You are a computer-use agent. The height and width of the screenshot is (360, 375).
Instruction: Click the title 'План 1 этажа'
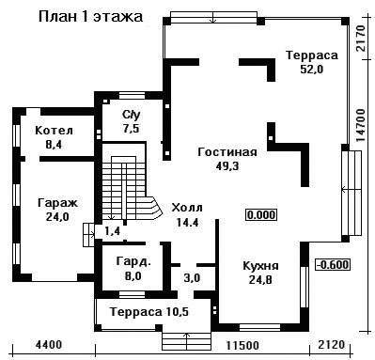point(90,17)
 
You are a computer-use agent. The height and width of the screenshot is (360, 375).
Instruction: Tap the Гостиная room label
point(227,152)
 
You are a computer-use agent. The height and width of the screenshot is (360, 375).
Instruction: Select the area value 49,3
point(227,166)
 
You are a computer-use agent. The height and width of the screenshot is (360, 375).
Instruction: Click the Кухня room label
point(260,266)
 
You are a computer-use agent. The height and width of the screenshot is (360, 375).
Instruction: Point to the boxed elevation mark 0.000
point(261,215)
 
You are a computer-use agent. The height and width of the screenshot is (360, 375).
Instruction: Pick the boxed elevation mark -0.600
point(333,265)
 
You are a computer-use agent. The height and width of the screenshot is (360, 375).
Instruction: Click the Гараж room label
point(57,203)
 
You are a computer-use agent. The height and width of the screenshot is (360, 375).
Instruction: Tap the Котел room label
point(54,131)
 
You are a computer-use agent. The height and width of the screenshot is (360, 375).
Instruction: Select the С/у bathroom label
point(132,115)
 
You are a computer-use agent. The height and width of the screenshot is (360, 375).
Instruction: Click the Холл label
point(187,208)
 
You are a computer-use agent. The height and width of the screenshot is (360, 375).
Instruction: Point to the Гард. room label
point(133,262)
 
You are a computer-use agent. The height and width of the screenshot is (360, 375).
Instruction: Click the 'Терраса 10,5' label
point(149,312)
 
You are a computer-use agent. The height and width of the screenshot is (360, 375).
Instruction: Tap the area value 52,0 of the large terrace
point(312,69)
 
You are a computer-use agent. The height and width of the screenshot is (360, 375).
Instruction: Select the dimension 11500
point(242,346)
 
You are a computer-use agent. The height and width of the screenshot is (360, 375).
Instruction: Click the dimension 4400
point(49,345)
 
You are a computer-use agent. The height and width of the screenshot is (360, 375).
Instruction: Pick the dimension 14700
point(361,125)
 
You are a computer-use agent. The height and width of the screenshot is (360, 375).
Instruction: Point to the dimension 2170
point(361,39)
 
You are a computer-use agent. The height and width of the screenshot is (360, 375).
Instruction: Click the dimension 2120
point(332,345)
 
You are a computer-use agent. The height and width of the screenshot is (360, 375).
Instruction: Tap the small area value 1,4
point(112,232)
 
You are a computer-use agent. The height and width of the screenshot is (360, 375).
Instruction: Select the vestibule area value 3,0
point(192,278)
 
